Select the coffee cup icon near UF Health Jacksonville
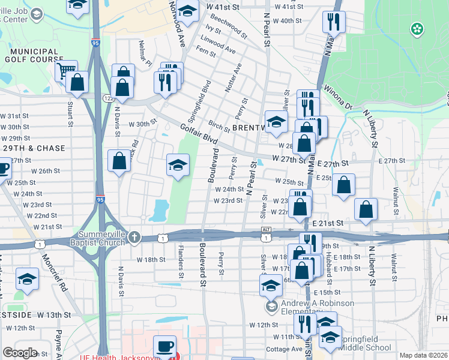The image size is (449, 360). (x=164, y=347)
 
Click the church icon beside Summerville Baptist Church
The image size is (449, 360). (x=134, y=238)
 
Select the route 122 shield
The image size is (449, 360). (x=108, y=98)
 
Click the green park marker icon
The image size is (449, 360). (x=415, y=28)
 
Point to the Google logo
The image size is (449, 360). (x=20, y=353)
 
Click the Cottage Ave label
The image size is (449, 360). (x=284, y=349)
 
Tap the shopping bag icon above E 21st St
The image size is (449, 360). (x=366, y=209)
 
